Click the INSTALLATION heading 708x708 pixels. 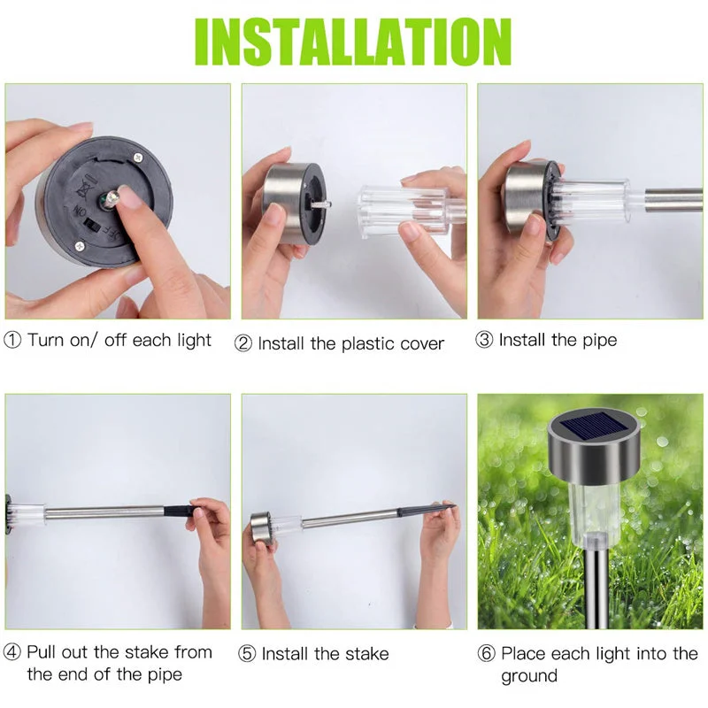[354, 39]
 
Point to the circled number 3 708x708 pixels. [485, 341]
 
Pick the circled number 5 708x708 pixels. [248, 655]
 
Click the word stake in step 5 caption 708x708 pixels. [364, 655]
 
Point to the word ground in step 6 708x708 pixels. [529, 677]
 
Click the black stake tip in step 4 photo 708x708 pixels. [181, 511]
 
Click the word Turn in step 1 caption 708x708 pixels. [46, 341]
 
